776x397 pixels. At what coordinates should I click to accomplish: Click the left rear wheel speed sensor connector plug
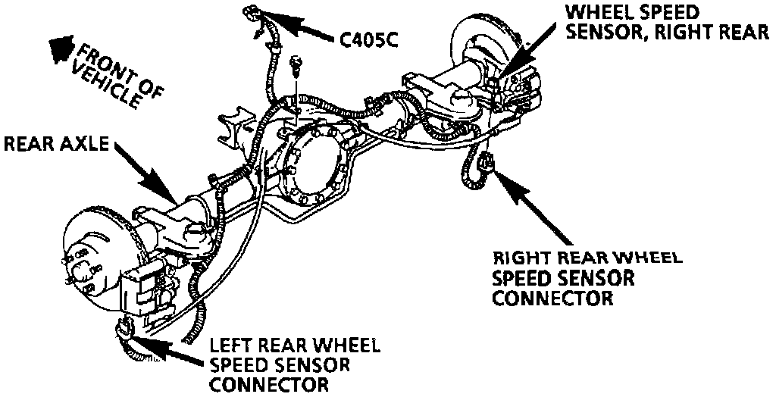click(124, 329)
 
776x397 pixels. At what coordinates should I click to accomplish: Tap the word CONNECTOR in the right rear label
click(552, 298)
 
